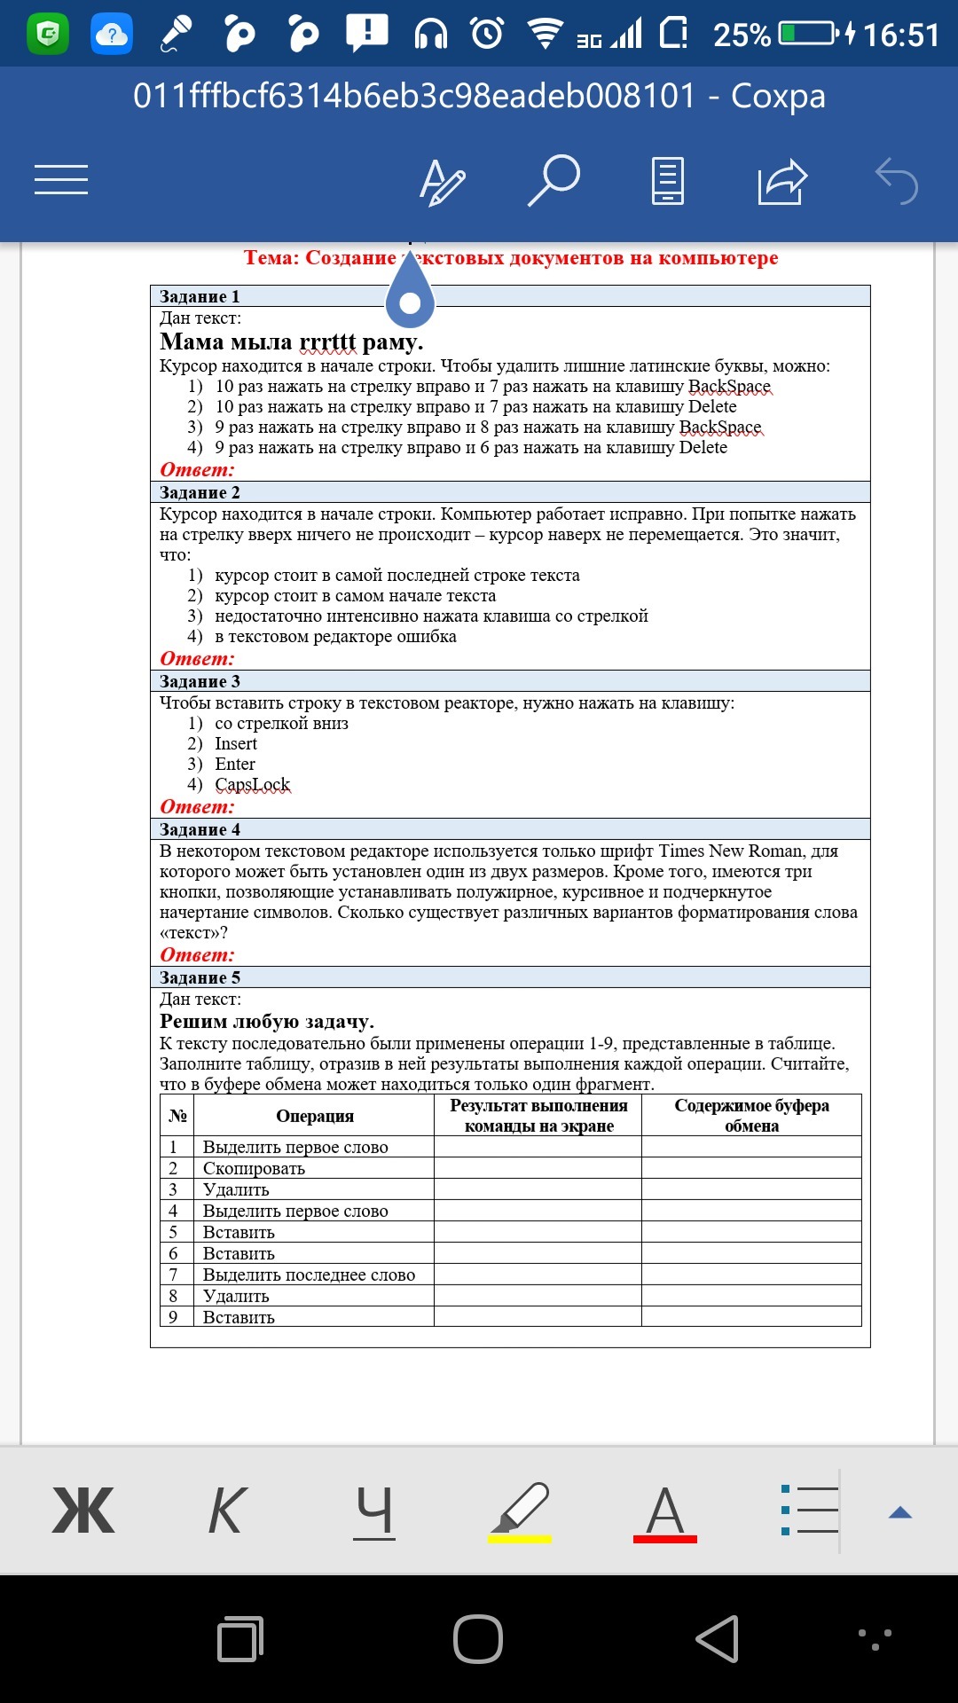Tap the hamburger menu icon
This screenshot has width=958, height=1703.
point(61,179)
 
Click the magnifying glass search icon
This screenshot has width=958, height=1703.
point(554,180)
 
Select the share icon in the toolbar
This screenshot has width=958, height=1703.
point(782,181)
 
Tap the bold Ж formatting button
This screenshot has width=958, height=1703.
point(83,1511)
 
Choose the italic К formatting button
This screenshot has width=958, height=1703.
point(227,1511)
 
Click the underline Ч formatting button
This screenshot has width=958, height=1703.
point(374,1511)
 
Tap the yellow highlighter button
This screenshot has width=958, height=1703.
point(521,1511)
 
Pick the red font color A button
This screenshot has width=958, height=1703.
point(665,1511)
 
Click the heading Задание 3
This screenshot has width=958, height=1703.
point(200,681)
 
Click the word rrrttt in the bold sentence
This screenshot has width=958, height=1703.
point(327,342)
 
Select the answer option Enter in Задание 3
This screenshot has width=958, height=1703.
point(235,765)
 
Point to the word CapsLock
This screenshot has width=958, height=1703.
point(253,785)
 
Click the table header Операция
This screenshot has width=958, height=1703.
point(315,1116)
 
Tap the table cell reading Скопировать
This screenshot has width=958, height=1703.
point(254,1168)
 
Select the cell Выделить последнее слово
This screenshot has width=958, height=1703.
point(309,1275)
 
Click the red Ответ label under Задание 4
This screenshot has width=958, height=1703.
point(197,955)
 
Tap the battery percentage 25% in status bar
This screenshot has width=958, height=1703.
point(742,35)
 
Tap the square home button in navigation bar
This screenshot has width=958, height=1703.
point(478,1638)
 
